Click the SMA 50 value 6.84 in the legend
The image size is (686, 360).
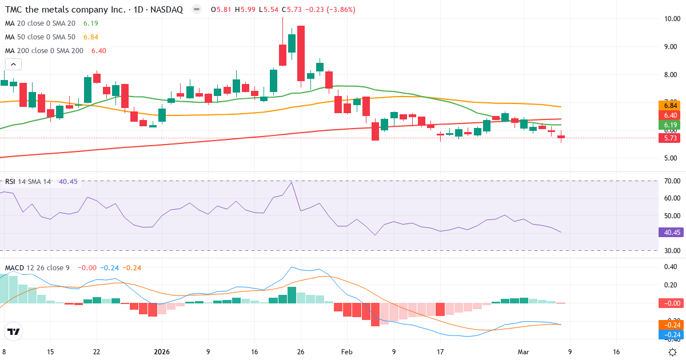pyautogui.click(x=91, y=37)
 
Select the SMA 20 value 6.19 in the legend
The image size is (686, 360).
pyautogui.click(x=91, y=23)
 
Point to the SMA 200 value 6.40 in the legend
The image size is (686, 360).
pyautogui.click(x=99, y=50)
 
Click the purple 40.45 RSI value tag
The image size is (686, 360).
pyautogui.click(x=669, y=233)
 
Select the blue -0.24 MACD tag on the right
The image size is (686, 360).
pyautogui.click(x=669, y=334)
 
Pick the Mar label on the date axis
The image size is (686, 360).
pyautogui.click(x=523, y=352)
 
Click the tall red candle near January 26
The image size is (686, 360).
pyautogui.click(x=301, y=54)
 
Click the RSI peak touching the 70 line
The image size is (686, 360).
pyautogui.click(x=292, y=183)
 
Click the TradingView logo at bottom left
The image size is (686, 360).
pyautogui.click(x=13, y=331)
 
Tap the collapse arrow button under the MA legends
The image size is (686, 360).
pyautogui.click(x=13, y=65)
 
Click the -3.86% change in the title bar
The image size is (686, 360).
pyautogui.click(x=340, y=10)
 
